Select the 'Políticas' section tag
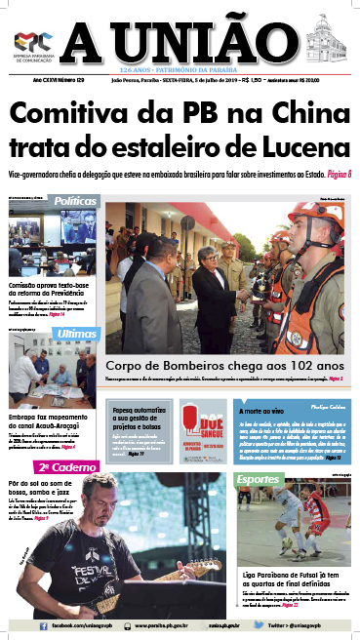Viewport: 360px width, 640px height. (75, 201)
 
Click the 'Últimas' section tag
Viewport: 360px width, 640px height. (77, 334)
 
